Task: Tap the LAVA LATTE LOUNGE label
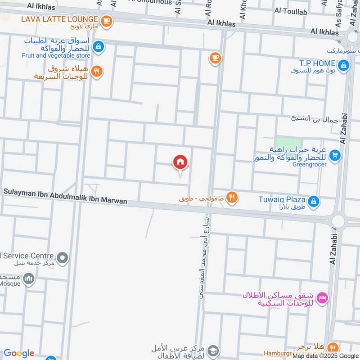tap(59, 19)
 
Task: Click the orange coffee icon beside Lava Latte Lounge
tap(106, 20)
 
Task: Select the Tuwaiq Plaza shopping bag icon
tap(315, 201)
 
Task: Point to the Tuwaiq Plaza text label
tap(282, 199)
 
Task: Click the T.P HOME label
tap(317, 63)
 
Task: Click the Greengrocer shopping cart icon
tap(334, 155)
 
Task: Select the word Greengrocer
tap(309, 164)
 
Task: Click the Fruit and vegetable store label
tap(56, 56)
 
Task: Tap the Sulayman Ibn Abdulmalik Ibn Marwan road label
tap(65, 197)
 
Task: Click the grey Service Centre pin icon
tap(63, 258)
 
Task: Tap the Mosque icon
tap(29, 279)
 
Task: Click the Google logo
tap(18, 353)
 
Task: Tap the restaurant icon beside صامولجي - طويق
tap(232, 197)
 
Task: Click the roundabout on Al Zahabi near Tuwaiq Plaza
tap(338, 220)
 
